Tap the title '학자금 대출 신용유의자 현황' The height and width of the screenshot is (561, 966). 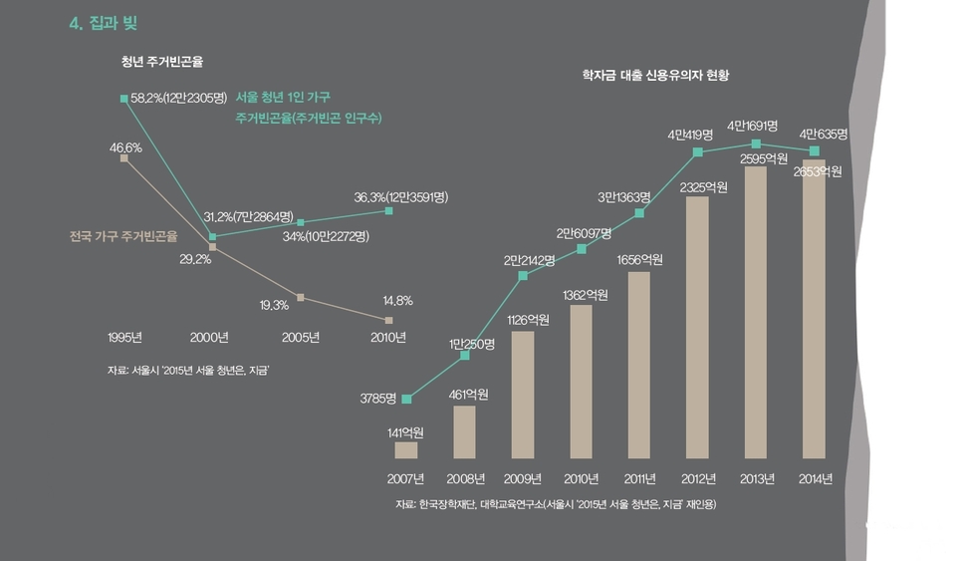[x=656, y=76]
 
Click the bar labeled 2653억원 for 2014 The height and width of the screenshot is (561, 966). [x=814, y=309]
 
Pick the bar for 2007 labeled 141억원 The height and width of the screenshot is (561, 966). [x=405, y=450]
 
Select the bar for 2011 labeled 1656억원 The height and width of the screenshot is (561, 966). [x=638, y=365]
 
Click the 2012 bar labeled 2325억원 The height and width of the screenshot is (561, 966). [x=697, y=327]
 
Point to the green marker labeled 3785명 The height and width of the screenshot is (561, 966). [x=406, y=400]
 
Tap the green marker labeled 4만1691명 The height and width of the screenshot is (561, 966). [x=756, y=144]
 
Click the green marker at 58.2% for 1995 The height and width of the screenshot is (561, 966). [x=123, y=99]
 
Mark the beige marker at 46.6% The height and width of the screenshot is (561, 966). [x=123, y=157]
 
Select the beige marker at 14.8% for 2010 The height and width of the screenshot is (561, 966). [x=388, y=320]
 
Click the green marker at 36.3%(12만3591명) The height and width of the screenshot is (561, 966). [x=388, y=211]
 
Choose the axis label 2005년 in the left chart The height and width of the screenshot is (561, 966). [x=300, y=337]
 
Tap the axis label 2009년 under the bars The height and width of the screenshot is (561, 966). [x=522, y=479]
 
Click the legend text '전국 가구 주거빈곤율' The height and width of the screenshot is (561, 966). [x=123, y=238]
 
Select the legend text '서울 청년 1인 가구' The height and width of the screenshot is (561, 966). [x=283, y=98]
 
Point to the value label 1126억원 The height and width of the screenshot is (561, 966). [x=522, y=320]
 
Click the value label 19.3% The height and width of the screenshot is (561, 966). [x=274, y=305]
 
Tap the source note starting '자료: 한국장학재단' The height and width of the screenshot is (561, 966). [x=555, y=504]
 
